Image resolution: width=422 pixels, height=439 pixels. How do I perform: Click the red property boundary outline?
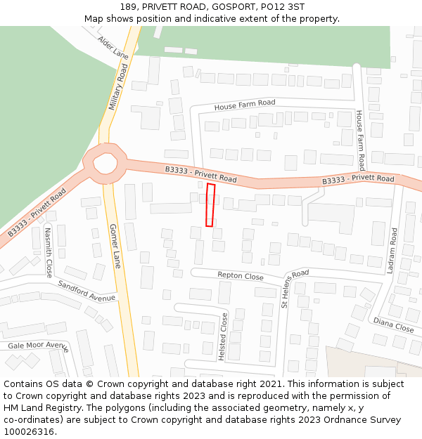pyautogui.click(x=210, y=205)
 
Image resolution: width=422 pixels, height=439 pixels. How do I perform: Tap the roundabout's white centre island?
pyautogui.click(x=105, y=163)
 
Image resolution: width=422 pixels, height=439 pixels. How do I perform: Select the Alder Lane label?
pyautogui.click(x=113, y=47)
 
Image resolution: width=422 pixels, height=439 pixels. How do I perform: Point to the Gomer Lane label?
pyautogui.click(x=115, y=246)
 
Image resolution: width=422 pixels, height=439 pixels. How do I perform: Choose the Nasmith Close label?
pyautogui.click(x=49, y=251)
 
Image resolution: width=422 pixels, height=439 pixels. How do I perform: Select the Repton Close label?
pyautogui.click(x=241, y=276)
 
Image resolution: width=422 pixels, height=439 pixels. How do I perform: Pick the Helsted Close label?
pyautogui.click(x=223, y=337)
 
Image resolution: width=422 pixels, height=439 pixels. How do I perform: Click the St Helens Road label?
pyautogui.click(x=295, y=289)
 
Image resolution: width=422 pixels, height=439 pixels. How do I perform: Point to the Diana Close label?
pyautogui.click(x=393, y=325)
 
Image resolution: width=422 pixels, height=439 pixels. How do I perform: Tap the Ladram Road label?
pyautogui.click(x=393, y=250)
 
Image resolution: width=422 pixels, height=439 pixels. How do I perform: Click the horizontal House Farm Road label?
pyautogui.click(x=245, y=105)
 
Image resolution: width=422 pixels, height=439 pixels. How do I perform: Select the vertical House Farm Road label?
pyautogui.click(x=359, y=140)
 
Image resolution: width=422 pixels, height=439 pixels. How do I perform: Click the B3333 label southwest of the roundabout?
pyautogui.click(x=37, y=212)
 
